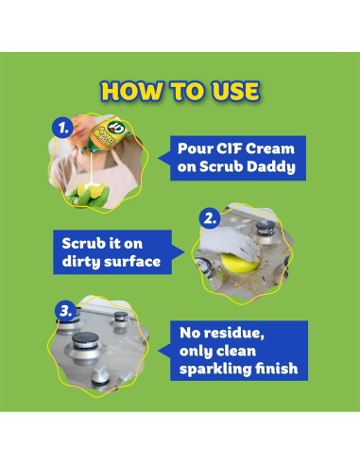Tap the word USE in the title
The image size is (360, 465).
click(x=230, y=92)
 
